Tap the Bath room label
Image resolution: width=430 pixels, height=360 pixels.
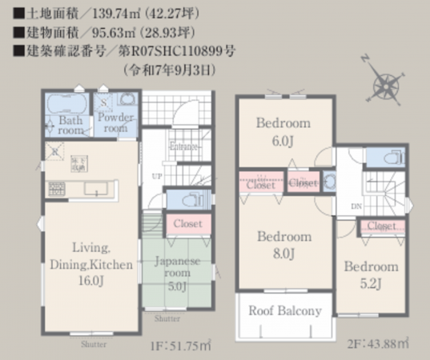(x=70, y=126)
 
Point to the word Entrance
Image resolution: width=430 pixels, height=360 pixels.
(x=183, y=146)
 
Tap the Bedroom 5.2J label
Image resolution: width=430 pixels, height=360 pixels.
(x=372, y=274)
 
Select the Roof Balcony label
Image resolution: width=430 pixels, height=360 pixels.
(x=284, y=311)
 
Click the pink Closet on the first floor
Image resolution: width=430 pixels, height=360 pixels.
(x=187, y=224)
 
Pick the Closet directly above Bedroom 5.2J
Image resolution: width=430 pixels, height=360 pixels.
(x=379, y=226)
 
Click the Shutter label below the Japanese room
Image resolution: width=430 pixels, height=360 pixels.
(x=167, y=318)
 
